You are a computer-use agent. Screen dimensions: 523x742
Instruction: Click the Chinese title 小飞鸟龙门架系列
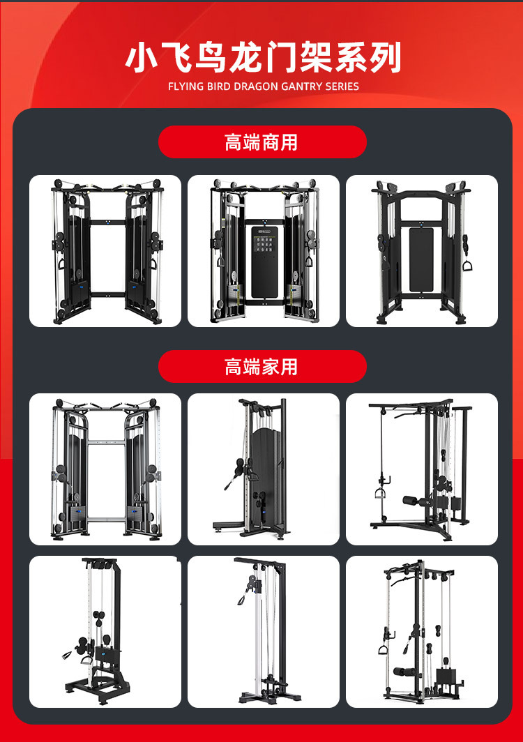(x=263, y=57)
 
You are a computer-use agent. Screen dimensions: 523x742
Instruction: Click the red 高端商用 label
(x=262, y=142)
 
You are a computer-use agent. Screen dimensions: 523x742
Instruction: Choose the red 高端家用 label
(x=262, y=366)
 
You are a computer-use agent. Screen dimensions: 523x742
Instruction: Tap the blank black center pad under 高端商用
(x=421, y=259)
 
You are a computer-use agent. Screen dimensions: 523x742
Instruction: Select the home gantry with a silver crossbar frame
(x=105, y=469)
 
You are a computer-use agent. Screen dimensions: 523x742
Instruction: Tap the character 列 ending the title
(x=385, y=58)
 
